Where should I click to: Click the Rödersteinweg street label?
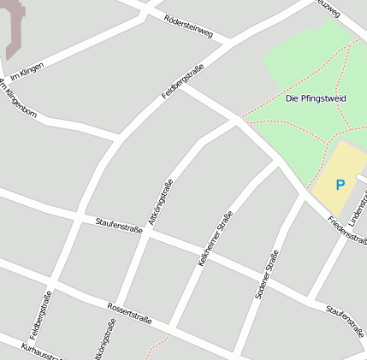187,24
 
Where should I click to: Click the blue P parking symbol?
340,184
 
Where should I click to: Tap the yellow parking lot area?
329,198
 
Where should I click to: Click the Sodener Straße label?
267,274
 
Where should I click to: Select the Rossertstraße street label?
129,313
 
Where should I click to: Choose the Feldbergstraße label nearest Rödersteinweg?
182,81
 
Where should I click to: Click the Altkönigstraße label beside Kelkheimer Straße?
160,203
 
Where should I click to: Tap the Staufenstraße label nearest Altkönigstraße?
118,227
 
